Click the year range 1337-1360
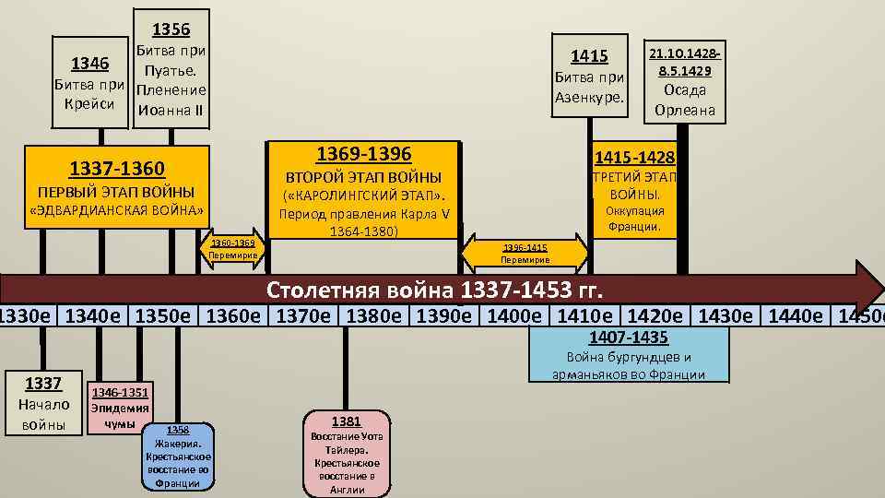pos(117,169)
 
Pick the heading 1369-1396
pos(363,153)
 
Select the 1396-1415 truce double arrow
pos(525,253)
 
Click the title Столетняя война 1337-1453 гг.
pos(435,291)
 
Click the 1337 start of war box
pos(43,402)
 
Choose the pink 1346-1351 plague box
pos(120,409)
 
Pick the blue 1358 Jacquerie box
pos(178,456)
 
